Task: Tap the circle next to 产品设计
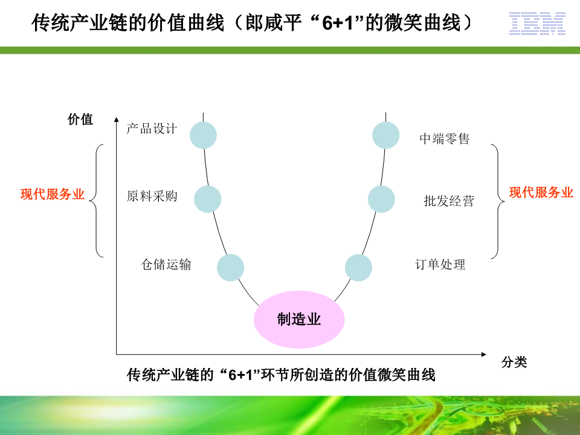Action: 203,135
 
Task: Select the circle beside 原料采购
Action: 208,199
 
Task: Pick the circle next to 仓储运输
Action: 230,268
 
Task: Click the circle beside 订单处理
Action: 358,268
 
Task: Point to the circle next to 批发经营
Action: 381,199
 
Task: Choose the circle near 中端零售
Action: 385,135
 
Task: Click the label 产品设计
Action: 152,129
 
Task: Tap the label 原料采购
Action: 152,196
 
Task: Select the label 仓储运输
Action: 166,264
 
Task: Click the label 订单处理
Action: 440,264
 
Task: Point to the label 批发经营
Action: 448,201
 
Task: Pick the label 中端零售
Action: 444,139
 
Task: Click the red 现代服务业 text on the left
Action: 53,195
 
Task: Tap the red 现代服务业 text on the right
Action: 541,192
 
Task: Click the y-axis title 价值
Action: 80,119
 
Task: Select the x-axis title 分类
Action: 514,362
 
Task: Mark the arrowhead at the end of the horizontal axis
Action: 483,353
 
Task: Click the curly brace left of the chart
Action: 97,200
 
